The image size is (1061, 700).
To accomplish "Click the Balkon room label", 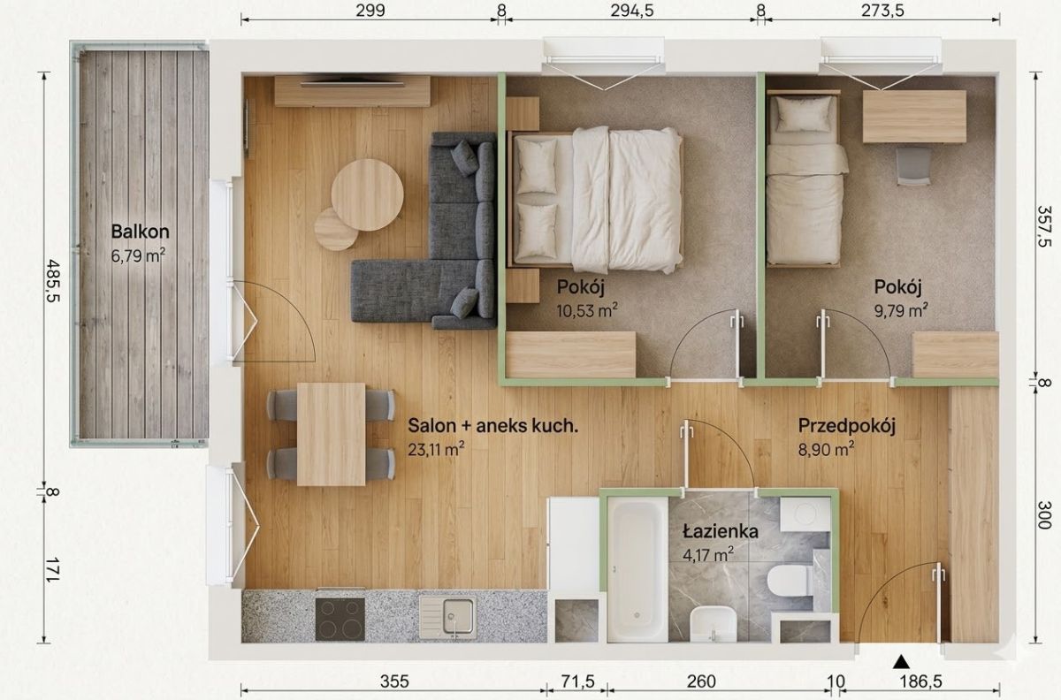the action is coord(141,232).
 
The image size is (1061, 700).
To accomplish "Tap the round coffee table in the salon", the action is coord(367,194).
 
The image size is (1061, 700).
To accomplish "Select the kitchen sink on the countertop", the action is coord(447,617).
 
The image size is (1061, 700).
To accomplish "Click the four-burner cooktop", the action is coord(340,619).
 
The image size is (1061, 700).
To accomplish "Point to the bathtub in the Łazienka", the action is coord(637,569).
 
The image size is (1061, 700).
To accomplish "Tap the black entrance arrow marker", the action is coord(902,662).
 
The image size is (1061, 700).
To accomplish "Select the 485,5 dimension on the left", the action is coord(52,280).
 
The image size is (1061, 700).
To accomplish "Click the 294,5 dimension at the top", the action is coord(632,10).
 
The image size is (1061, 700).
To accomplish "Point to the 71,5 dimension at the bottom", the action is coord(577,681).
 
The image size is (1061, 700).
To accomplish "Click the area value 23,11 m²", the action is coord(436,449).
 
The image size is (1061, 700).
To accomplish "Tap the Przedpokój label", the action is coord(847,426).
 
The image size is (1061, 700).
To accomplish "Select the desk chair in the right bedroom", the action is coord(913,166).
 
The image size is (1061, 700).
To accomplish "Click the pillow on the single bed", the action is coord(804,114).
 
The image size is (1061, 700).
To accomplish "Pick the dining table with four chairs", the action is coord(331,434).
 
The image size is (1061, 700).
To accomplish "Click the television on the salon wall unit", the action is coord(353,83).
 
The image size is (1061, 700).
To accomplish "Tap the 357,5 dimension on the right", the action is coord(1044,226).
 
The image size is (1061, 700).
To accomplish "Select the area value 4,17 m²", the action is coord(708,554).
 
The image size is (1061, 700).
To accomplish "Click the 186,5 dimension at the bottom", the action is coord(920,681).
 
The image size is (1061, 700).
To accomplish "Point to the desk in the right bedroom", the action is coord(914,117).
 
